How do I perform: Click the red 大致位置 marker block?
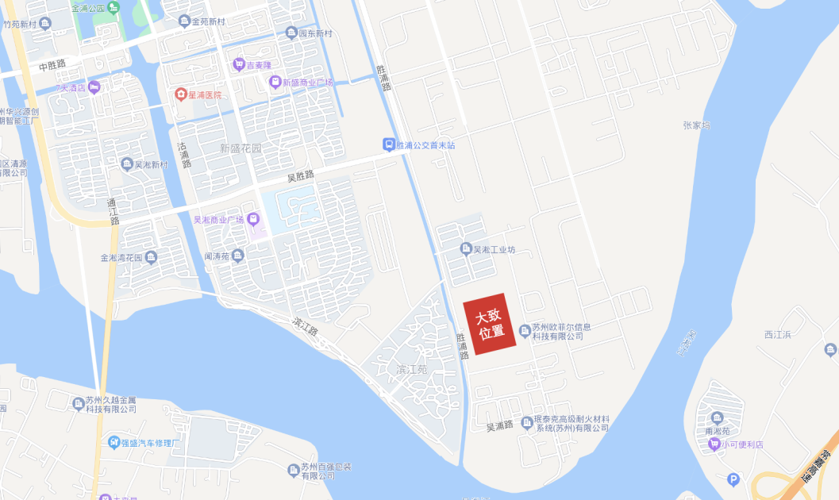491,324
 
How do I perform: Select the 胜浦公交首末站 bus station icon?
388,144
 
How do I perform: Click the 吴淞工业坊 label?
495,249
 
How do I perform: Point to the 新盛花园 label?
240,148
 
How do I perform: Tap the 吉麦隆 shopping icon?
238,64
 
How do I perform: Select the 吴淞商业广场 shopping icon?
253,219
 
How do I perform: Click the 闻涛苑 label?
217,256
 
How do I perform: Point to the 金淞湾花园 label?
121,258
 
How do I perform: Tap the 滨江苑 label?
411,370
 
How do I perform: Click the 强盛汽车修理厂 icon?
114,441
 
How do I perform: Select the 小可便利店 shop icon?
714,444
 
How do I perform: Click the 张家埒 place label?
695,125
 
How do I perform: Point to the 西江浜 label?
778,334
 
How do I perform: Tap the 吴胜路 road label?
301,175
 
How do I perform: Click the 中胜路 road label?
52,63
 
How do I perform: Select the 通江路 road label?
113,211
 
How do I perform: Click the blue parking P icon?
733,479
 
